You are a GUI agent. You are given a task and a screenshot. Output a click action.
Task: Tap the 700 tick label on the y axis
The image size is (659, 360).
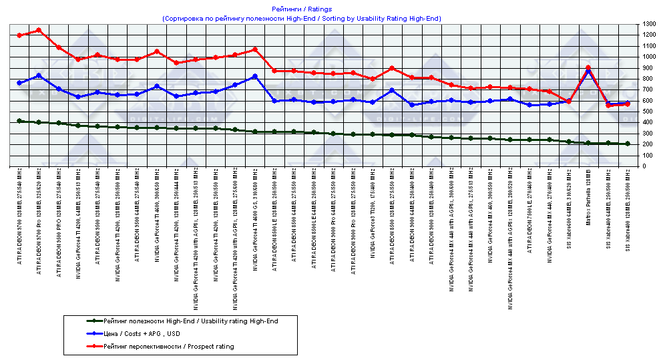pyautogui.click(x=648, y=89)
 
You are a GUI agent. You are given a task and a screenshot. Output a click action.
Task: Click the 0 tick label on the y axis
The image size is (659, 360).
pyautogui.click(x=644, y=166)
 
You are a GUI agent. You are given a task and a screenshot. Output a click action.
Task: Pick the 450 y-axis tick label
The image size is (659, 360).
pyautogui.click(x=648, y=117)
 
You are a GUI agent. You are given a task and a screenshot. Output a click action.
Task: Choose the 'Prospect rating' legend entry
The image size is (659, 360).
pyautogui.click(x=169, y=347)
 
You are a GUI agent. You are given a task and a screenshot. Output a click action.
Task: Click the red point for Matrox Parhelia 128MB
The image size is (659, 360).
pyautogui.click(x=588, y=67)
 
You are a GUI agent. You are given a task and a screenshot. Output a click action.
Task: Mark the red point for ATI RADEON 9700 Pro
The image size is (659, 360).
pyautogui.click(x=39, y=30)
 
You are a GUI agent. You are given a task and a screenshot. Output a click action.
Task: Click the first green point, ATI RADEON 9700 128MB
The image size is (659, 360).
pyautogui.click(x=19, y=121)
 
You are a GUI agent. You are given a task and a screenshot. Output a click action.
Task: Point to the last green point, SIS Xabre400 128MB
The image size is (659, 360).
pyautogui.click(x=628, y=144)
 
